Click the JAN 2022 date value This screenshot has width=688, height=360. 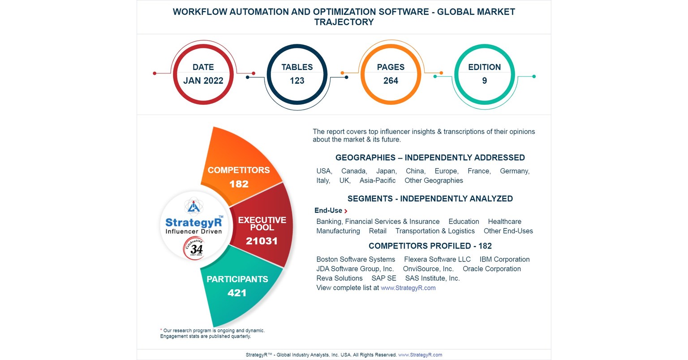point(203,81)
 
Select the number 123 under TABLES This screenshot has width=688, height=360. point(297,81)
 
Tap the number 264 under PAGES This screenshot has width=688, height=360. point(391,81)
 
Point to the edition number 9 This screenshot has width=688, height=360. point(484,81)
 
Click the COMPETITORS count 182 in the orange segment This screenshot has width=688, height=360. point(239,184)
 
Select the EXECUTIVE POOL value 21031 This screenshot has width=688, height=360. point(262,241)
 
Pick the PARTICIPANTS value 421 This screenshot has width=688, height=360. point(237,293)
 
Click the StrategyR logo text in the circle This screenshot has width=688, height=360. point(193,223)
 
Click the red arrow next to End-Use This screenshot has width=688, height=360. point(346,211)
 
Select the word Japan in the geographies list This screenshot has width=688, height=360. point(386,171)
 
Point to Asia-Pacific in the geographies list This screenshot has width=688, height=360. point(378,180)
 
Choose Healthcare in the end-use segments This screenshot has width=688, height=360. point(504,222)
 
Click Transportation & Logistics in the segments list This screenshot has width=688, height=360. point(435,231)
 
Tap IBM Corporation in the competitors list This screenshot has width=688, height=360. point(504,259)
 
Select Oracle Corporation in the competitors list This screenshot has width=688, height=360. point(491,269)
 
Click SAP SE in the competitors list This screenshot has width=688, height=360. point(384,278)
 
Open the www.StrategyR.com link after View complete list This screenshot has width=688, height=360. point(408,288)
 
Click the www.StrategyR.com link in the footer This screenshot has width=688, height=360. point(420,355)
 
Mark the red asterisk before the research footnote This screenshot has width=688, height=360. point(161,330)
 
